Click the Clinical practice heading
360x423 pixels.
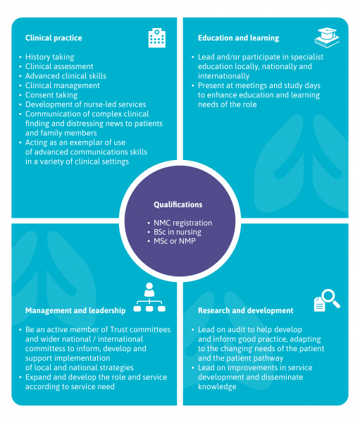(x=54, y=38)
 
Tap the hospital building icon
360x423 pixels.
(x=157, y=38)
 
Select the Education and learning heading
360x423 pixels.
(x=238, y=38)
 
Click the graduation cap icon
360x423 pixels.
(x=327, y=37)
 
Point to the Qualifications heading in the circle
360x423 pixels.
(x=178, y=204)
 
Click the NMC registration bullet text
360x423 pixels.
(x=183, y=223)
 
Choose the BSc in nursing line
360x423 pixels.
(x=178, y=232)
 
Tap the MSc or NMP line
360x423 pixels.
(x=175, y=241)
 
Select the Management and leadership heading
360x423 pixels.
(x=75, y=310)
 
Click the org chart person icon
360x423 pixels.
(x=149, y=298)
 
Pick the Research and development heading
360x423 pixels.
(x=245, y=310)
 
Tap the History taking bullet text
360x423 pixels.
(x=49, y=57)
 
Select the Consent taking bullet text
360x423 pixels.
(x=51, y=95)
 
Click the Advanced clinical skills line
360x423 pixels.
(x=66, y=76)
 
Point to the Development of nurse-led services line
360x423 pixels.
(x=86, y=104)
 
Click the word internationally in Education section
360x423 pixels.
(x=223, y=76)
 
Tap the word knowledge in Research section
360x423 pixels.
(x=217, y=386)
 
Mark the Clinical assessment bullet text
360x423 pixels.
(x=59, y=66)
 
